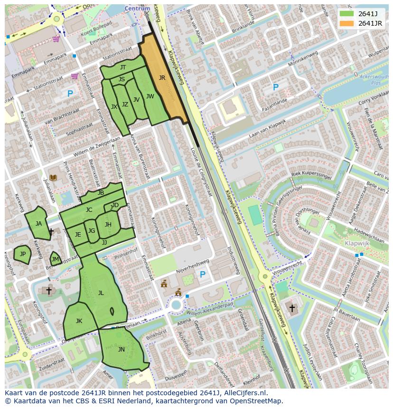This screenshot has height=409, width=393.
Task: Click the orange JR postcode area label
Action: click(x=162, y=78)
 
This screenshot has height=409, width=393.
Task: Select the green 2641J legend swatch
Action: click(x=346, y=14)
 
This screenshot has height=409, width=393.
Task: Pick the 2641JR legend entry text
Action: click(x=370, y=23)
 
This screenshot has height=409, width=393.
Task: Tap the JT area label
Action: click(x=123, y=67)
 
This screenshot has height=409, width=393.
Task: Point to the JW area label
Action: click(x=150, y=96)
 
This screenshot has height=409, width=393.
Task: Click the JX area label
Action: click(x=114, y=107)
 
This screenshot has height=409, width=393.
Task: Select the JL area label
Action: click(x=101, y=293)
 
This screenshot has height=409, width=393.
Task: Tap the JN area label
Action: click(x=121, y=349)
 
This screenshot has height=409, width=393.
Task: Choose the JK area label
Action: click(x=79, y=321)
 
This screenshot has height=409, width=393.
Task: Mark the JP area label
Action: click(x=22, y=254)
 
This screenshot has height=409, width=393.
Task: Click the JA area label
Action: click(x=38, y=224)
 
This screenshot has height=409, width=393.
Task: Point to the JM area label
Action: click(x=55, y=259)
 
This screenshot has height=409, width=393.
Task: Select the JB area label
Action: click(x=101, y=193)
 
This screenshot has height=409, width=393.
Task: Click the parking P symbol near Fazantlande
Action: click(x=275, y=87)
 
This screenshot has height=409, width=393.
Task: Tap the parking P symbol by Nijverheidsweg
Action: click(x=203, y=275)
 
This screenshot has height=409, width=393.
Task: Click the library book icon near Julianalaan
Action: click(x=53, y=178)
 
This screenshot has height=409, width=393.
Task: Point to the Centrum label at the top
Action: click(x=137, y=9)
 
